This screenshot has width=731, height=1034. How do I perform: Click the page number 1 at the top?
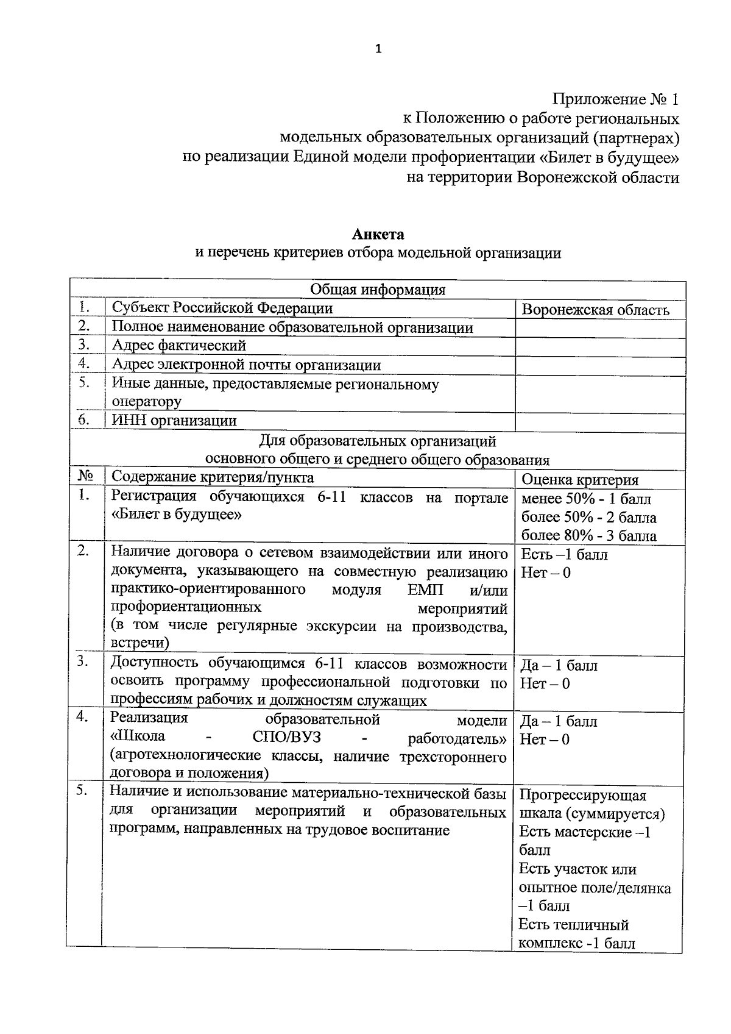pyautogui.click(x=378, y=49)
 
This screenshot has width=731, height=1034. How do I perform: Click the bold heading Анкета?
pyautogui.click(x=378, y=234)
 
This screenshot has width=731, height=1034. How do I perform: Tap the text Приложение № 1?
pyautogui.click(x=615, y=99)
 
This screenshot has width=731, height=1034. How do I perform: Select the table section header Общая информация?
pyautogui.click(x=378, y=290)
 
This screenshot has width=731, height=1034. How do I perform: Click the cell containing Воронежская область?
pyautogui.click(x=595, y=310)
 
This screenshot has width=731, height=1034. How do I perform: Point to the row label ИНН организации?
pyautogui.click(x=174, y=421)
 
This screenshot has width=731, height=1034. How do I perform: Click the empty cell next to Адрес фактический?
pyautogui.click(x=600, y=346)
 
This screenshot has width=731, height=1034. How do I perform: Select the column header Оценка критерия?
pyautogui.click(x=580, y=480)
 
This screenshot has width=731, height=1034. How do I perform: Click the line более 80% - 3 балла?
pyautogui.click(x=588, y=536)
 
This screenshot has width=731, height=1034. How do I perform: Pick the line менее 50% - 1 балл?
pyautogui.click(x=586, y=499)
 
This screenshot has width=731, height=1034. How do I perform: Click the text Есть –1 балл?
pyautogui.click(x=563, y=555)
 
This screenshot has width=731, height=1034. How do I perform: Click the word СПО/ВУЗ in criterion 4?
pyautogui.click(x=286, y=738)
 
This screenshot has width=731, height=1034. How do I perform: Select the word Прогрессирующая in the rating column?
pyautogui.click(x=582, y=795)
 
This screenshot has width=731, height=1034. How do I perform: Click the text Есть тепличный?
pyautogui.click(x=573, y=925)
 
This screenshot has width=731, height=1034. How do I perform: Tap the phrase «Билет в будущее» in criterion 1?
pyautogui.click(x=177, y=515)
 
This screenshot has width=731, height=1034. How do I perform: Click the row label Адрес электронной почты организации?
pyautogui.click(x=246, y=365)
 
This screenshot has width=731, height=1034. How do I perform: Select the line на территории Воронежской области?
pyautogui.click(x=542, y=177)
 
